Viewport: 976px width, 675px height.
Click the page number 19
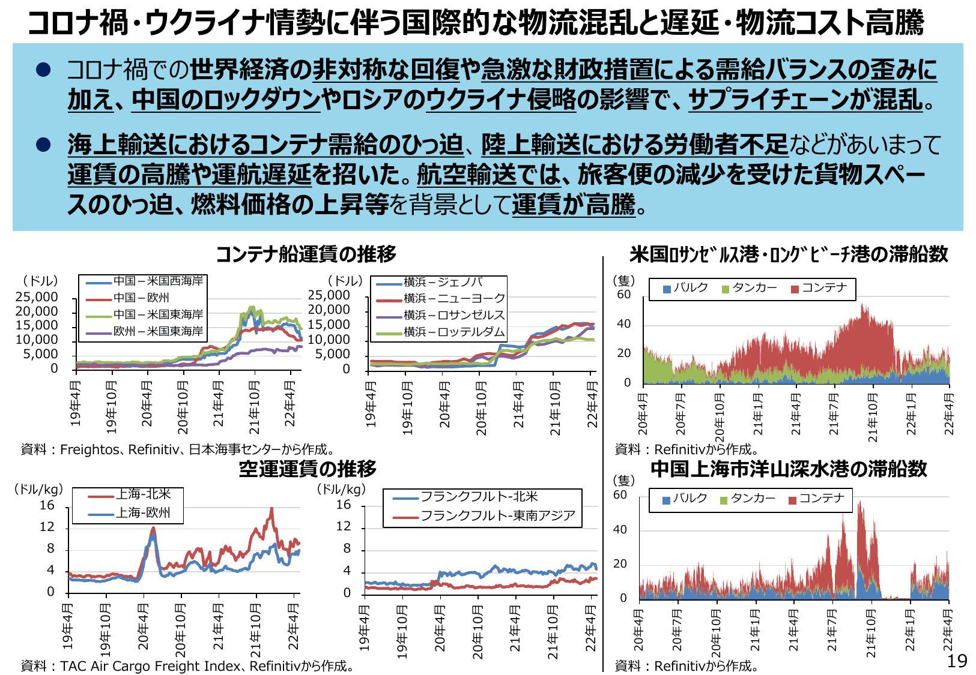pos(957,661)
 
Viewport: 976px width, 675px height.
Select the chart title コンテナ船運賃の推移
pos(306,254)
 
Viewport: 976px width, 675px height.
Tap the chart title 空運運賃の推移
pos(308,469)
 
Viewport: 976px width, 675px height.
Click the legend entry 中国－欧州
pos(141,298)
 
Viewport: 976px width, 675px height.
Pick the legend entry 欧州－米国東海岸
pos(158,331)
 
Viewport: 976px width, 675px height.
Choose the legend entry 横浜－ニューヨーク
pos(454,298)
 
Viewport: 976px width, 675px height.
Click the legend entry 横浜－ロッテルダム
pos(454,332)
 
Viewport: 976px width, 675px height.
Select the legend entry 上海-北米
pos(143,494)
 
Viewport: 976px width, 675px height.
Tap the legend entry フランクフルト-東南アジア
pos(497,516)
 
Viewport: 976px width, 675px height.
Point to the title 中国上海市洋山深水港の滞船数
pos(789,469)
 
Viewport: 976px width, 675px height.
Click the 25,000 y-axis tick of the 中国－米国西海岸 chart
pos(37,297)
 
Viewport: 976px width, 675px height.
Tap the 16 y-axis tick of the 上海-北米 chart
pos(47,506)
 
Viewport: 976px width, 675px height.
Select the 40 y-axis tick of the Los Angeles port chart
pos(624,324)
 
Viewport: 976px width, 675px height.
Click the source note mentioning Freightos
pos(178,449)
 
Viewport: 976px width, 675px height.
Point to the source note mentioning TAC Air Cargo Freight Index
pos(187,665)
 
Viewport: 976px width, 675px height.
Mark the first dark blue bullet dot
pos(43,70)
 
